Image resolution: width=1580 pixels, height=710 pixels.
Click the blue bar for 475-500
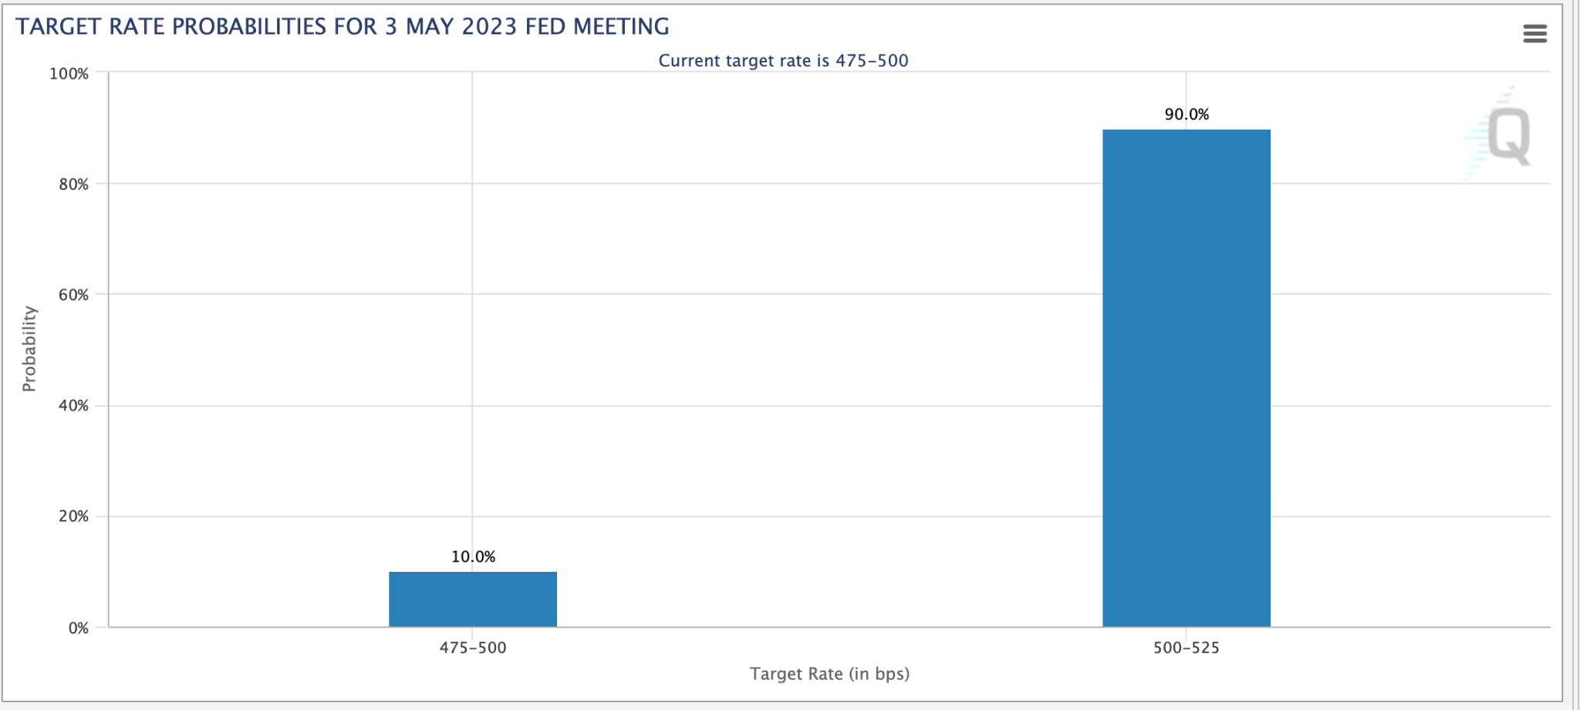pos(472,599)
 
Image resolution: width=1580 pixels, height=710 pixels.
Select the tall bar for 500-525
pos(1186,378)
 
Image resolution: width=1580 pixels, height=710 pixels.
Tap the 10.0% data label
pos(473,556)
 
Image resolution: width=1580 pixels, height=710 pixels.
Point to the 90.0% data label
pos(1187,114)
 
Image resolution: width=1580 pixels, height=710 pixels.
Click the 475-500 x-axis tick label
pos(473,648)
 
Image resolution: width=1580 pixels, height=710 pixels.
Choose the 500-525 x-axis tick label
pos(1186,648)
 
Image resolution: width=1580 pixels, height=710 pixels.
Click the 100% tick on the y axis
pos(69,74)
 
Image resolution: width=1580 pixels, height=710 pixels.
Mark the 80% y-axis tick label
pos(73,184)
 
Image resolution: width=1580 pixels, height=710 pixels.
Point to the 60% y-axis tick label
pos(73,295)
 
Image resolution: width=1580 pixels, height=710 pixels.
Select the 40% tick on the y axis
pos(73,406)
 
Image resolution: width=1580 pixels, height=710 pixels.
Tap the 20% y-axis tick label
pos(73,516)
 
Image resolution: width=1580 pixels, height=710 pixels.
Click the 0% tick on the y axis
pos(78,628)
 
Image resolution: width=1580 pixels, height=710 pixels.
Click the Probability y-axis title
pos(29,349)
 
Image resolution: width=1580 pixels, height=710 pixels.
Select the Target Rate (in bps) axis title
pos(829,674)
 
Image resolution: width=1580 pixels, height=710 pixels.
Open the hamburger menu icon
pos(1534,33)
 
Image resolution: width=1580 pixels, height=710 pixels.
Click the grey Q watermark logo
pos(1507,136)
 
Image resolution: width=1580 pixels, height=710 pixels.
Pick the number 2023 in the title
pos(488,27)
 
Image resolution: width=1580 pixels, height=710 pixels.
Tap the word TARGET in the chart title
pos(59,27)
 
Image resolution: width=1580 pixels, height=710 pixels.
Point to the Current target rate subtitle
pos(783,60)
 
